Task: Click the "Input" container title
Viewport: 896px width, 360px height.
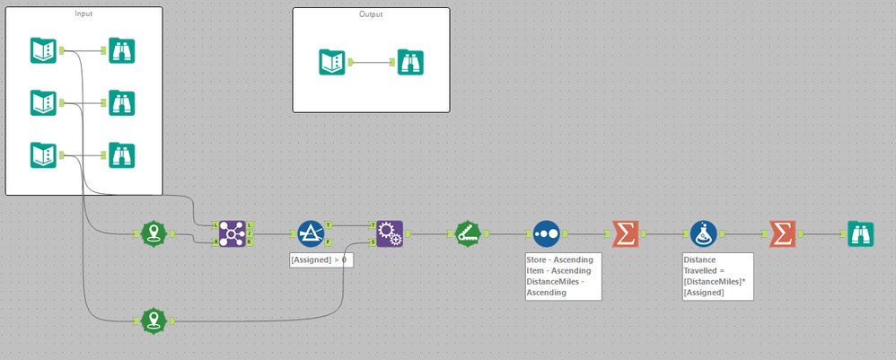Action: (83, 14)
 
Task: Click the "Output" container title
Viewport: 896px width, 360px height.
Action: (370, 14)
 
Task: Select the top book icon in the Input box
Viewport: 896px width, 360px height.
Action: (43, 50)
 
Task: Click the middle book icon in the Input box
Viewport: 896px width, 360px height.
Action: (43, 102)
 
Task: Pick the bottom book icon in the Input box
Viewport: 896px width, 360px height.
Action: (43, 154)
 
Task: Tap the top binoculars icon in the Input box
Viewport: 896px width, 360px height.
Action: (121, 50)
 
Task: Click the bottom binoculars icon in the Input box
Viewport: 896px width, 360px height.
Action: (121, 154)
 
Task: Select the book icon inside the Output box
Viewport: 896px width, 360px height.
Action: (332, 62)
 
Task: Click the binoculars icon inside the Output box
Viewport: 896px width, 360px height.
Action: (410, 62)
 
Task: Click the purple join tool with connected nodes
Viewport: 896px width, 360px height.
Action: (233, 233)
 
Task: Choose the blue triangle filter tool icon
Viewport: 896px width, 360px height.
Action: (311, 233)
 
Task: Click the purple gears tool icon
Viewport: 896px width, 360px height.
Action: (390, 233)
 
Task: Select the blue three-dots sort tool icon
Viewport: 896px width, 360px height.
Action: (546, 233)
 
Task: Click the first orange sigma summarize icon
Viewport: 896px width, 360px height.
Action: (625, 233)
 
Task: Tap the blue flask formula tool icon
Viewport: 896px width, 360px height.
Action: (703, 233)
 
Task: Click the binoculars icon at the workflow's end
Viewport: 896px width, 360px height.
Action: (861, 233)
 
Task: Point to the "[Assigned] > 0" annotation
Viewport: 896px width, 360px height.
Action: (319, 260)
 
